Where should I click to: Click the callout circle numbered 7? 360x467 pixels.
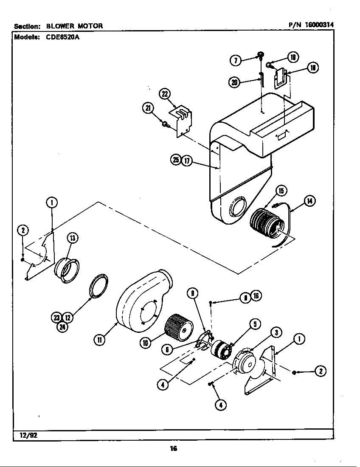235,60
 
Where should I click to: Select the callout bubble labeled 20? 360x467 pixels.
234,82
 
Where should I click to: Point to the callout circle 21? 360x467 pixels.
147,109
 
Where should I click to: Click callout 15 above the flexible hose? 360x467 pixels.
281,191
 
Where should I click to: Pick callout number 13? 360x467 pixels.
72,238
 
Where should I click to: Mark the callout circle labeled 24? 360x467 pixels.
62,326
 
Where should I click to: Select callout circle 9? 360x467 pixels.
192,293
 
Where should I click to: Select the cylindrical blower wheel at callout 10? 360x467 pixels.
177,326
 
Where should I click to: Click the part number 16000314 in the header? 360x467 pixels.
318,25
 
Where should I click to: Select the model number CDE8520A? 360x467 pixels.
63,37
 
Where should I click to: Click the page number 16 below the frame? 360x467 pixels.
173,449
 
